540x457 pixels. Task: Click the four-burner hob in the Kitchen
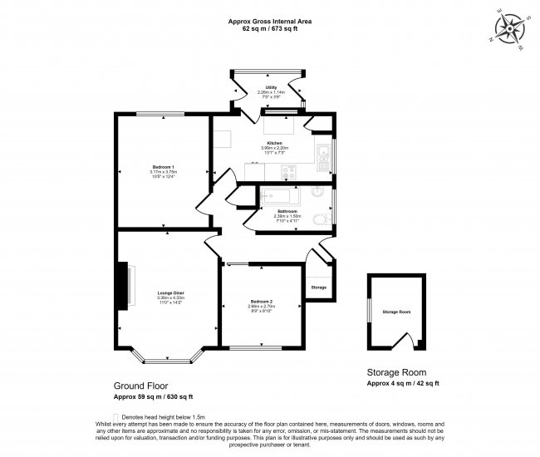(288, 171)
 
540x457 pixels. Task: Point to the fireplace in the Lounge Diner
(126, 287)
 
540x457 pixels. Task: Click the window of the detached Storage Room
(369, 311)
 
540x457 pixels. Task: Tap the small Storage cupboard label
(319, 287)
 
